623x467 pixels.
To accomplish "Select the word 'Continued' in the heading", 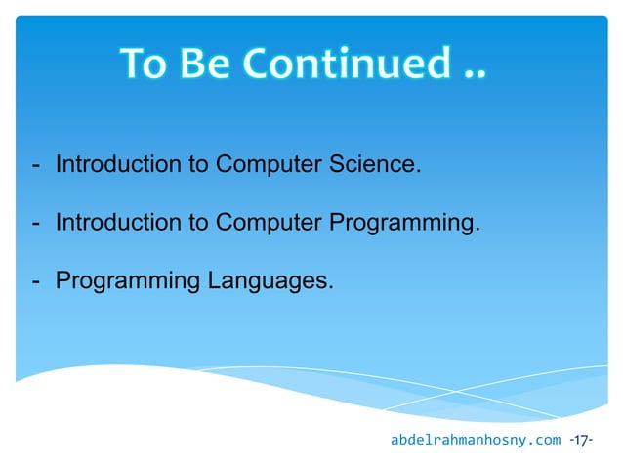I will (x=341, y=64).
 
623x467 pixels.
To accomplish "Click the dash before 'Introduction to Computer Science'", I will (x=36, y=164).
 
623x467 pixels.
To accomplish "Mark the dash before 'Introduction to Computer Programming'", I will (x=36, y=224).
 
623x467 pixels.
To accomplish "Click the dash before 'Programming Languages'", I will (x=36, y=282).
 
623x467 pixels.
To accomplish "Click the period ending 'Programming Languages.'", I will (x=330, y=289).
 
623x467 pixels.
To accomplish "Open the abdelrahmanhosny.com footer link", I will (x=476, y=441).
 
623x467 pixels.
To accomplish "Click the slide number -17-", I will (x=582, y=441).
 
